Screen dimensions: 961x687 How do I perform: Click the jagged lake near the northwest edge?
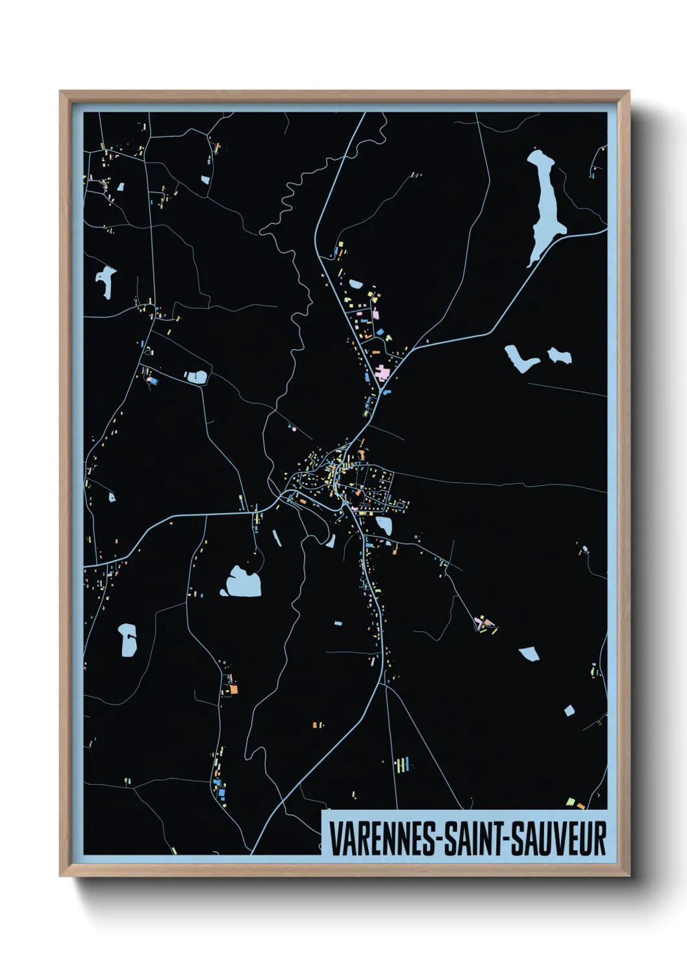[106, 281]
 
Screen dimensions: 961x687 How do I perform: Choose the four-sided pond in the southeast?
[529, 653]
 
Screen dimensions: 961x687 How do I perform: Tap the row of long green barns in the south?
[403, 765]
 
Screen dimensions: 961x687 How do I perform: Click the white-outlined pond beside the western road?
[197, 376]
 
